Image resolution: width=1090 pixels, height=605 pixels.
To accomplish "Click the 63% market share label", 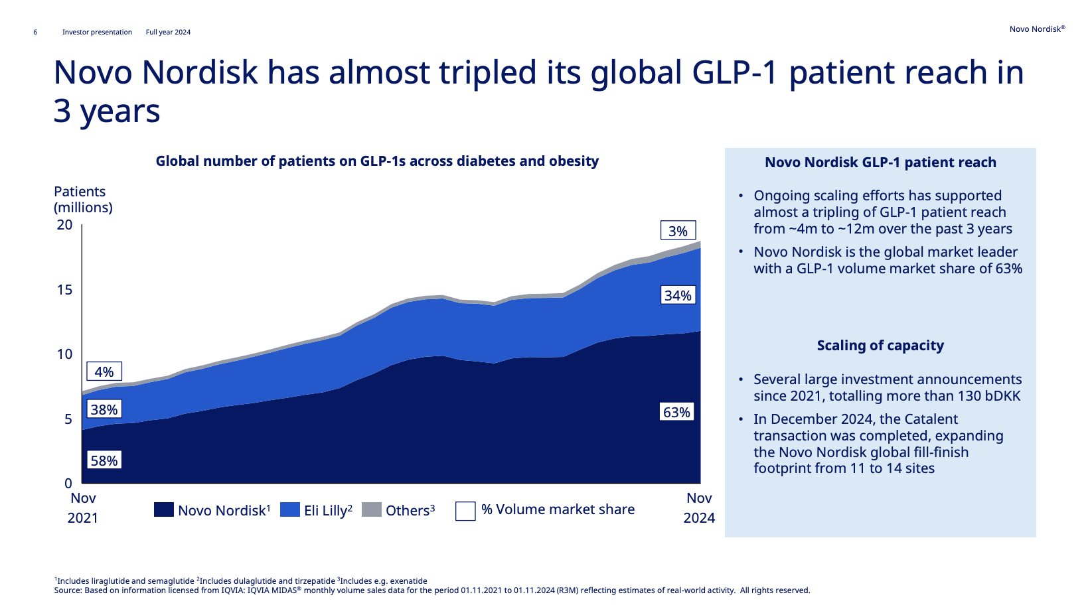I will click(x=676, y=412).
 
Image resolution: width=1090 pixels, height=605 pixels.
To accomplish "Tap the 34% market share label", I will click(x=678, y=295).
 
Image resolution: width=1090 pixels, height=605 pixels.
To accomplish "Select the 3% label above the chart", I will click(x=678, y=231).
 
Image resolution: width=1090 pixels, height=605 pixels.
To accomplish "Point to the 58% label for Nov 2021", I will click(x=104, y=460).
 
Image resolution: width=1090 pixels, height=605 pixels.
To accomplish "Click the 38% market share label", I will click(x=104, y=409).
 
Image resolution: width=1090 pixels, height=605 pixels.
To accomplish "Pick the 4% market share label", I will click(x=104, y=371).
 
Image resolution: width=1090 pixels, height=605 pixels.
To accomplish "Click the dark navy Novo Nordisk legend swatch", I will click(x=164, y=509).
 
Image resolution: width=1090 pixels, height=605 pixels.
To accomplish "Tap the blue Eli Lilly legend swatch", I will click(x=290, y=509).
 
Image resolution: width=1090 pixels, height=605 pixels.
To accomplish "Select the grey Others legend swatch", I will click(x=372, y=509).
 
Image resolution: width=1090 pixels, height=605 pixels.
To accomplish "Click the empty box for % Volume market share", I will click(x=465, y=511).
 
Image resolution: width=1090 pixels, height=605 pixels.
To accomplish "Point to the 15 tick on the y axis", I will click(x=64, y=289).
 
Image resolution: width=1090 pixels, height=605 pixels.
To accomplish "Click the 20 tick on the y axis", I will click(x=64, y=224).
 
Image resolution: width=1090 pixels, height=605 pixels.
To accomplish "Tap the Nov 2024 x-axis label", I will click(x=699, y=507).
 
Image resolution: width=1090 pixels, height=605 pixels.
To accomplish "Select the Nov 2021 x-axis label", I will click(x=83, y=507).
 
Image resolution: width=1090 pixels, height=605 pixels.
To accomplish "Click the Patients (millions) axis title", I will click(x=83, y=199).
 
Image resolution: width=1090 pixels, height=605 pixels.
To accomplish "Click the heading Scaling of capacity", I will click(x=880, y=346).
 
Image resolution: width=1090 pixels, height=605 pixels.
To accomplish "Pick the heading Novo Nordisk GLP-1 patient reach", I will click(x=880, y=163).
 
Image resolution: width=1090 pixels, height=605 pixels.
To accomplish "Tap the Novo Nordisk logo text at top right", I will click(x=1037, y=29).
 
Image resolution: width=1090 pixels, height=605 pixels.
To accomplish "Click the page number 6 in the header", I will click(x=35, y=33).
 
